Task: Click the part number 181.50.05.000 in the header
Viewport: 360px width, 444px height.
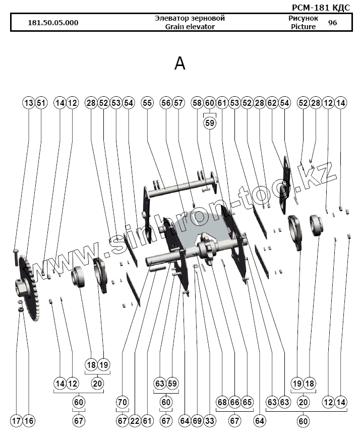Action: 53,23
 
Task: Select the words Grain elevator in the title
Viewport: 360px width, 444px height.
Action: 190,27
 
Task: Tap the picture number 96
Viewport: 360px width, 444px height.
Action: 332,23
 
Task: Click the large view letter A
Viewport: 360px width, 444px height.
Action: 179,64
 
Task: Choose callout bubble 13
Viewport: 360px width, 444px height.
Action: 29,103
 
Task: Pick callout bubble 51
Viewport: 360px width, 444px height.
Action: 41,103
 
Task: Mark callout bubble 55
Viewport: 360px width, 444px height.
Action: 147,103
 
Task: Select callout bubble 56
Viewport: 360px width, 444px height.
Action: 166,103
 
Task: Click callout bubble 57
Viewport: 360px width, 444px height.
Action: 178,103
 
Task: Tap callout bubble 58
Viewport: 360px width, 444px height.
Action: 197,103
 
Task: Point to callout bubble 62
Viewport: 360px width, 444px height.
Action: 272,103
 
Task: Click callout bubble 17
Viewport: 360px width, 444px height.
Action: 16,421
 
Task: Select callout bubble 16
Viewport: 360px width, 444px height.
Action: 29,421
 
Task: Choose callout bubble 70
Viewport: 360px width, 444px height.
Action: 123,402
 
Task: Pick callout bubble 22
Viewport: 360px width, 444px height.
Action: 135,421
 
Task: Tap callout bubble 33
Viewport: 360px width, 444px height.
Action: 210,421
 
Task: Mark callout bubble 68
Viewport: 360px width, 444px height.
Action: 222,402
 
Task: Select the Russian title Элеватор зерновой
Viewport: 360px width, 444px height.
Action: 190,18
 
